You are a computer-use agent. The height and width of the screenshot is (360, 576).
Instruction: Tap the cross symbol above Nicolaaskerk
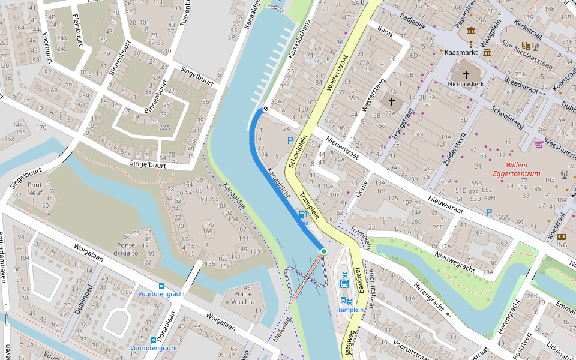tap(466, 74)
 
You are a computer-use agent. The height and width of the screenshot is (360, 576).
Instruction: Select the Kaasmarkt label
tap(461, 53)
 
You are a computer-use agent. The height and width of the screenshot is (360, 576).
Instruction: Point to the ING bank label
tap(562, 245)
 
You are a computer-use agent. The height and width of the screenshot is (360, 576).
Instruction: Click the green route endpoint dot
tap(323, 251)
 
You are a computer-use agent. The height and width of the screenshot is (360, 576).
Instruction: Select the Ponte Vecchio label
tap(244, 298)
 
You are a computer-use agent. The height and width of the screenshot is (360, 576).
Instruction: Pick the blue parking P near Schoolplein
tap(290, 140)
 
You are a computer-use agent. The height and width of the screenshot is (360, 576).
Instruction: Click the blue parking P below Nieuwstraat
tap(489, 212)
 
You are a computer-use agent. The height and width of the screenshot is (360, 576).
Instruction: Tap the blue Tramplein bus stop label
tap(349, 310)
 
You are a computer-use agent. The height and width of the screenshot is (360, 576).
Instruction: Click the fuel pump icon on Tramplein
tap(302, 213)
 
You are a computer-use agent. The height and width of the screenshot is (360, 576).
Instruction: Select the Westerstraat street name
tap(337, 73)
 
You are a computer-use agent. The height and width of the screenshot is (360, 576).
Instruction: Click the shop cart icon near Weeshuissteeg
tap(539, 145)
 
